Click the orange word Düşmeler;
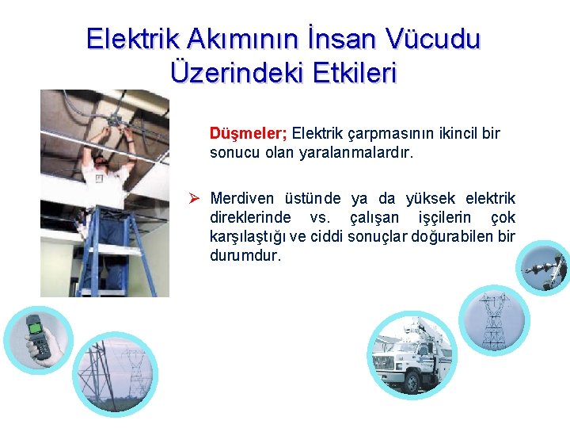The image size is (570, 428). tap(249, 133)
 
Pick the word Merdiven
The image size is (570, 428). tap(241, 198)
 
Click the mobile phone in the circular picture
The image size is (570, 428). tap(35, 336)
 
